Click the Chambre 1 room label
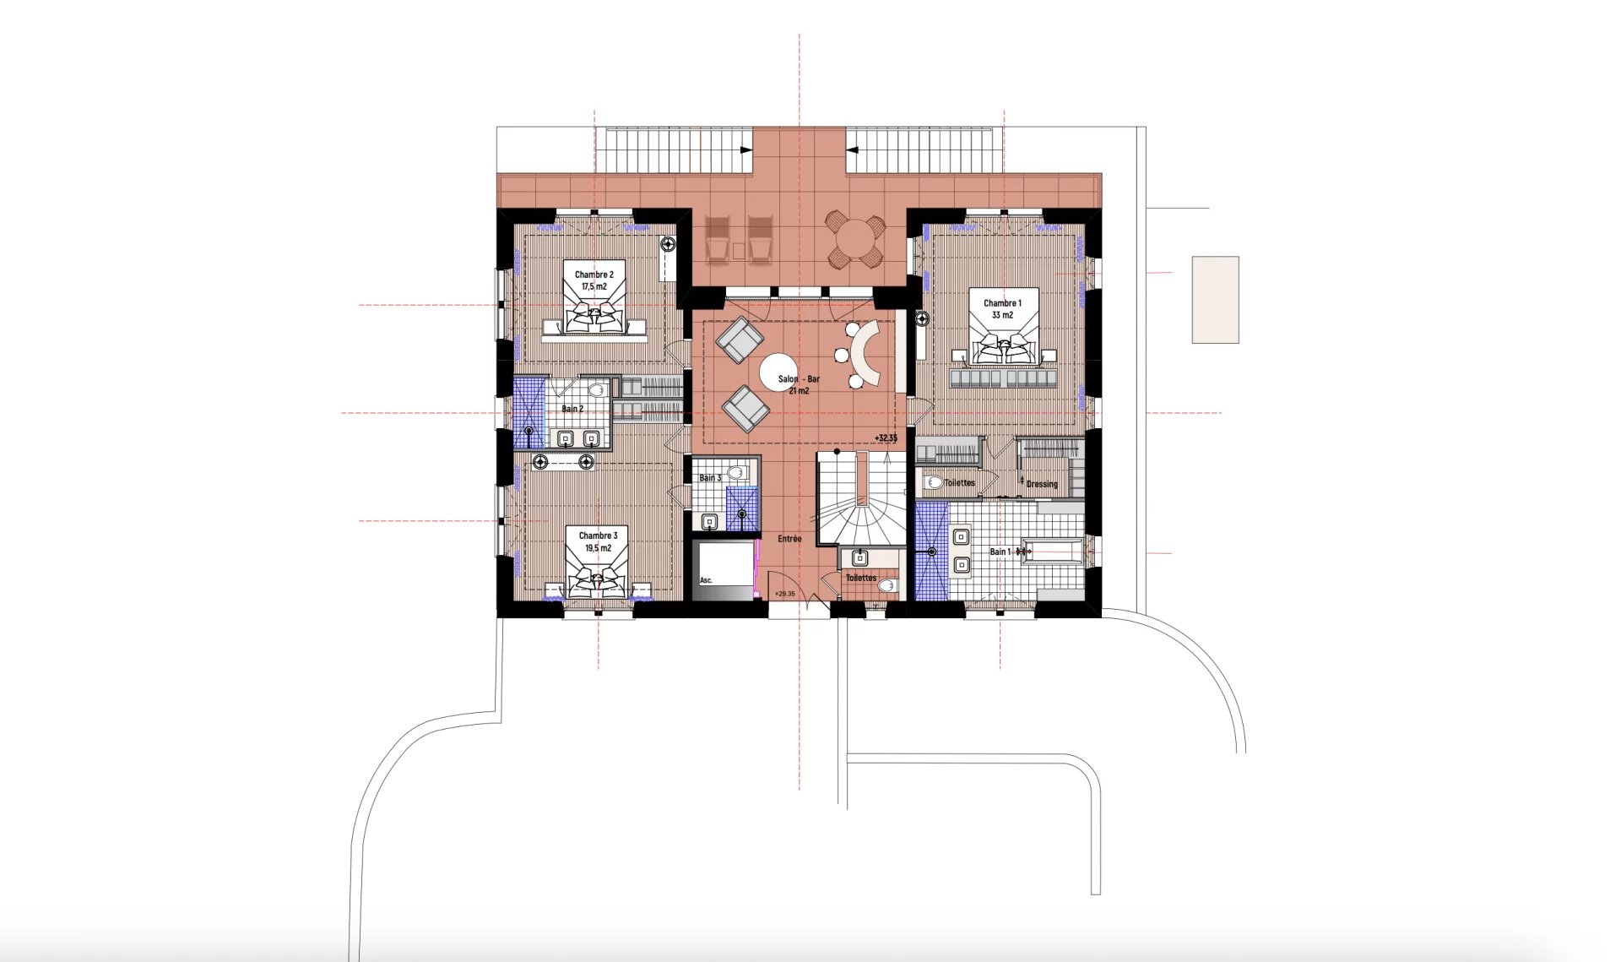[1002, 303]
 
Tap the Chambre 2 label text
[594, 274]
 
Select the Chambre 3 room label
[598, 535]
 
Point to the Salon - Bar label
[799, 379]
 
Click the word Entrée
[789, 539]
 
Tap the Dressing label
[1042, 484]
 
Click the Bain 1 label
[1000, 552]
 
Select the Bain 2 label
[572, 409]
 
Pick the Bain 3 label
[710, 478]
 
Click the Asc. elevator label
[706, 580]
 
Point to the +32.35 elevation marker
[886, 438]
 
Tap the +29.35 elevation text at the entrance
[785, 594]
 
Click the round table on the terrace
[855, 240]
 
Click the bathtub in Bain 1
[1052, 552]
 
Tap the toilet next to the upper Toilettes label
[934, 483]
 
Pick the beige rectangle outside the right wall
[1215, 300]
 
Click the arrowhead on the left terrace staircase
[745, 150]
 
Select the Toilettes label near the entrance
[861, 578]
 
